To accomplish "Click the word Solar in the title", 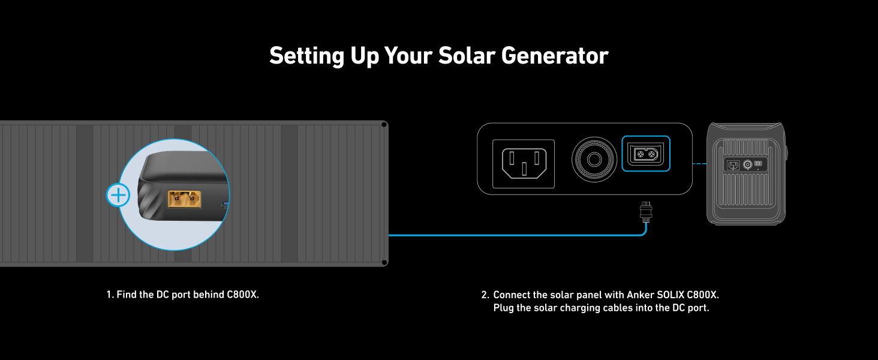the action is coord(467,56).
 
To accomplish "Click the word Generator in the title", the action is coord(555,56).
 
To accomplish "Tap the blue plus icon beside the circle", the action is coord(118,195).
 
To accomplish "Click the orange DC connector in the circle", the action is coord(184,199).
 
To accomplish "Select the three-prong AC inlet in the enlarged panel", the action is coord(524,164).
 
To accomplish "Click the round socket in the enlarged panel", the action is coord(594,160).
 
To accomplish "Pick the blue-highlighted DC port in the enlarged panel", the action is coord(646,154).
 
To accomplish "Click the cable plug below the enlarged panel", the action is coord(646,212).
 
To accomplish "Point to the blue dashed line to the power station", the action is coord(700,164).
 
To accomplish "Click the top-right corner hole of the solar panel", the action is coord(384,125).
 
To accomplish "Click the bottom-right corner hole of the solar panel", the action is coord(384,262).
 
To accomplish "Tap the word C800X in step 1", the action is coord(243,295).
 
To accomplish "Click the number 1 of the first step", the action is coord(110,295).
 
